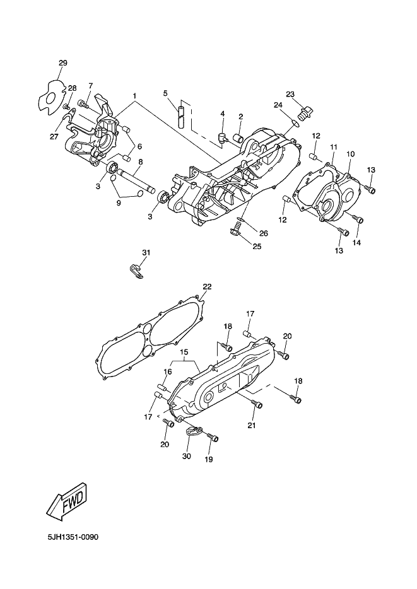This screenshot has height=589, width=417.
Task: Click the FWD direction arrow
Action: point(66,500)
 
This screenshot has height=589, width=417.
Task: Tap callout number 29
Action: point(62,62)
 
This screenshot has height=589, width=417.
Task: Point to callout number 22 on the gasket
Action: point(207,286)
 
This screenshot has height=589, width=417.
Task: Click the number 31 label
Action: point(146,252)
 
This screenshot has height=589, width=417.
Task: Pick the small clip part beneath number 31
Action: point(136,271)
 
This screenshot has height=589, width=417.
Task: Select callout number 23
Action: point(290,95)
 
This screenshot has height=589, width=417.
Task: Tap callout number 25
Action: point(257,246)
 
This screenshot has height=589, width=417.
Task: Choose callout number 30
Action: point(186,456)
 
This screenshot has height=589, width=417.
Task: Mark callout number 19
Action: point(209,460)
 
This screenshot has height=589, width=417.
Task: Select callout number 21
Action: point(252,426)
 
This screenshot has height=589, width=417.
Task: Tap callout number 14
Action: point(356,243)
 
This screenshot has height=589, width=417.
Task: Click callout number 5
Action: point(165,93)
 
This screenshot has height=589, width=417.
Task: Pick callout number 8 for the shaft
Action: point(140,162)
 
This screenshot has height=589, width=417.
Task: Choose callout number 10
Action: point(350,154)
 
